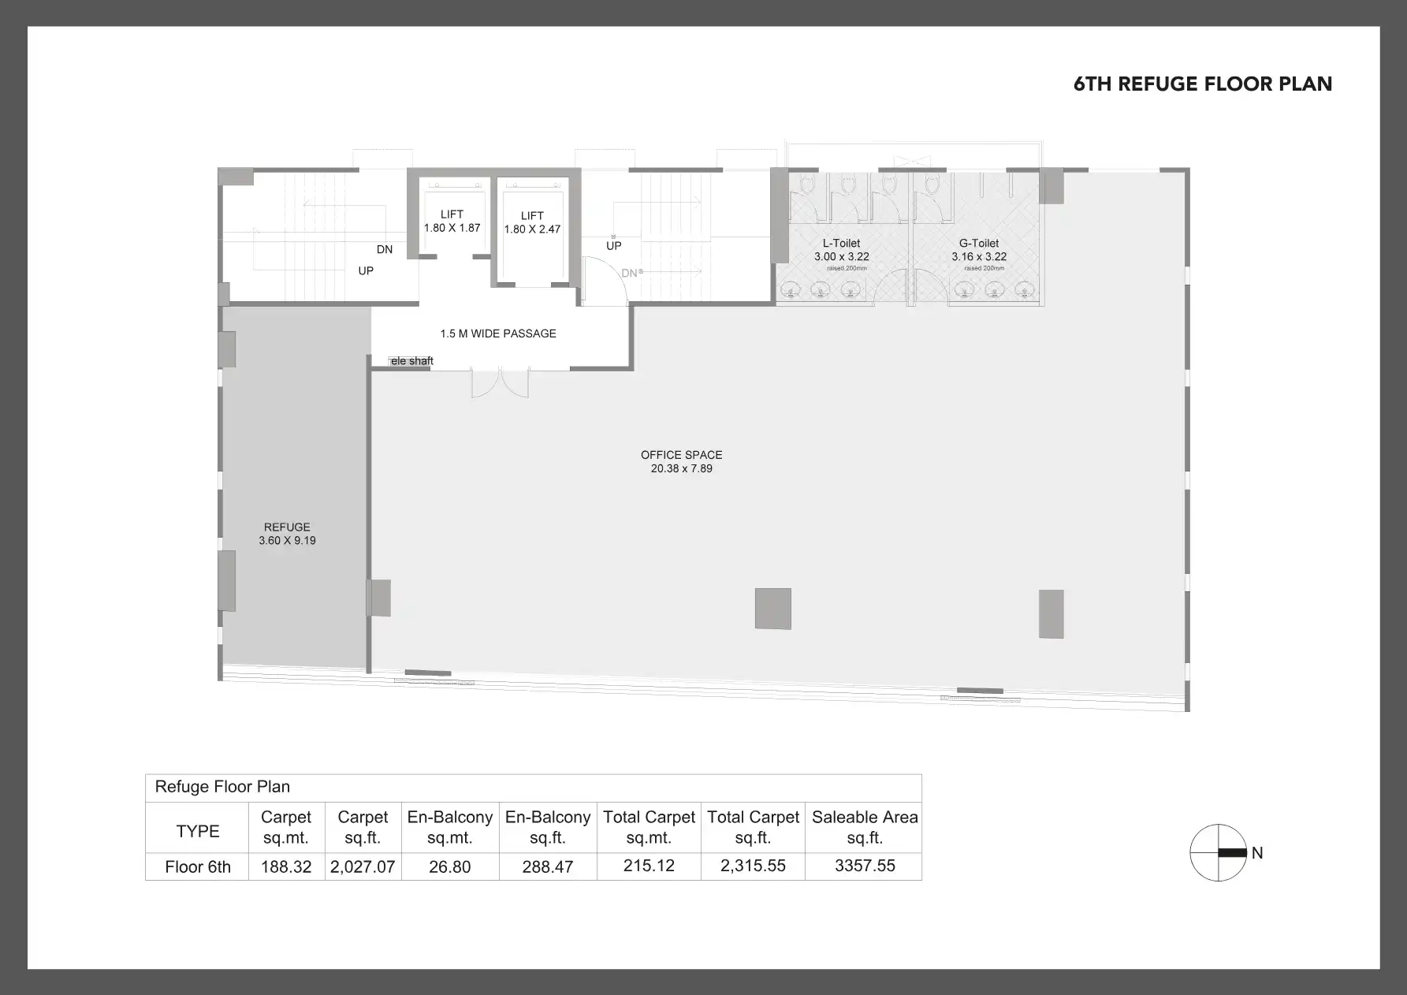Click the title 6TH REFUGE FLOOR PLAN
1202,84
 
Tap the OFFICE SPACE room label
681,456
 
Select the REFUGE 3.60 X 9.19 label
287,534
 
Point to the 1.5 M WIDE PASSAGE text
498,334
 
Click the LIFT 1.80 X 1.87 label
452,221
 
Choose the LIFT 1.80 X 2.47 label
532,222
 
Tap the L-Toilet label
841,244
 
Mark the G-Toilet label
979,244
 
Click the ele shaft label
411,361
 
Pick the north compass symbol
1219,852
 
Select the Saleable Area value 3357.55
865,866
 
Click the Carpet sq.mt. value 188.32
286,866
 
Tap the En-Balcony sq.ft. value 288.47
548,866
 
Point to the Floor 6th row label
198,867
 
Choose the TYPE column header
198,831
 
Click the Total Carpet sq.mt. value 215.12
649,866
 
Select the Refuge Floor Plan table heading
222,787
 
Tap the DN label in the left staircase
385,249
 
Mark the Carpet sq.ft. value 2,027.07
363,866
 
